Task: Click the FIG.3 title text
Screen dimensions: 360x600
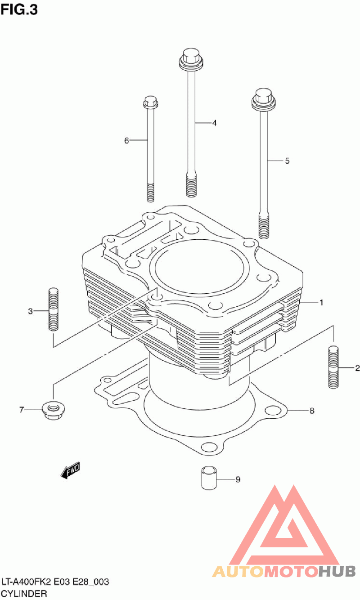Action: pyautogui.click(x=19, y=10)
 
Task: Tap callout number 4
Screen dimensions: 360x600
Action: pyautogui.click(x=215, y=123)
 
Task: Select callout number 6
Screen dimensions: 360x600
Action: pyautogui.click(x=126, y=140)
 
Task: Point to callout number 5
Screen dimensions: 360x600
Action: pyautogui.click(x=287, y=161)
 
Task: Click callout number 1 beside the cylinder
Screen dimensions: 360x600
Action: pyautogui.click(x=321, y=303)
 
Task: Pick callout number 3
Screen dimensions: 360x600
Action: pyautogui.click(x=30, y=311)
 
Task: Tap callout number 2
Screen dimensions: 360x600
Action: pyautogui.click(x=357, y=368)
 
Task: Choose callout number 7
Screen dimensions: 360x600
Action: pyautogui.click(x=22, y=410)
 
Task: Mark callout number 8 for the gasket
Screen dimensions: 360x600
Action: pyautogui.click(x=312, y=411)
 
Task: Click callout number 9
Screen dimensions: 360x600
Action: pyautogui.click(x=238, y=479)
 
